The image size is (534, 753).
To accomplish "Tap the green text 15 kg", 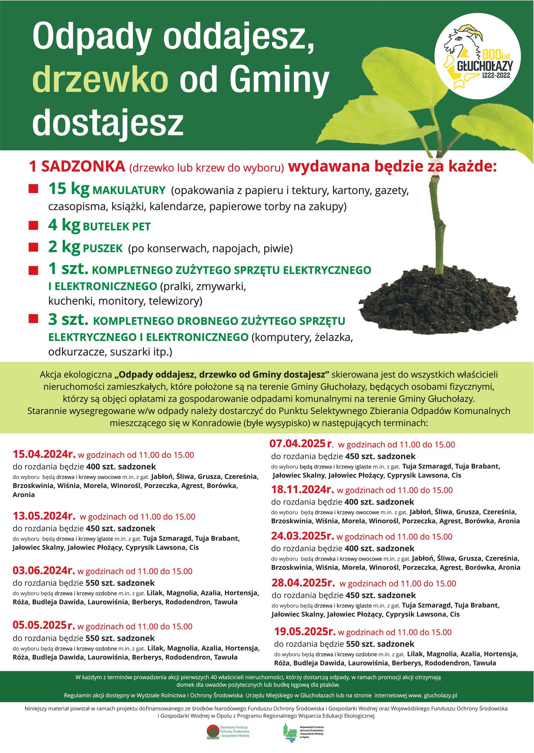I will (x=69, y=189).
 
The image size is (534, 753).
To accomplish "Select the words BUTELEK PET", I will (x=117, y=226).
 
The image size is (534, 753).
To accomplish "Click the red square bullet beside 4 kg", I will (x=33, y=225).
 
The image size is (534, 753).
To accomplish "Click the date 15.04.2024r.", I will (x=44, y=454).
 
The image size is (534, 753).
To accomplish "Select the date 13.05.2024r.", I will (x=44, y=516).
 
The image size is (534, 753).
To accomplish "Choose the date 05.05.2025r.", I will (x=44, y=625).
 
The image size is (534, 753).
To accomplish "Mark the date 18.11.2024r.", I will (x=302, y=490).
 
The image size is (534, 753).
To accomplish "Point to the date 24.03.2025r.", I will (x=302, y=536).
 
